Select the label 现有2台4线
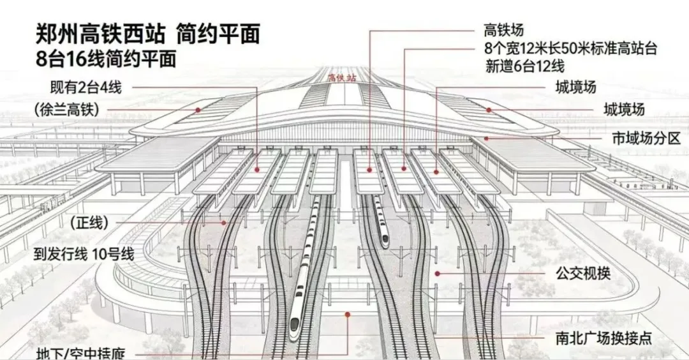[x=85, y=86]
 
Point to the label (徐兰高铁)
[x=67, y=110]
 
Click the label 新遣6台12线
[x=524, y=66]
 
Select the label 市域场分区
[x=646, y=138]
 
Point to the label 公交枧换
[x=582, y=274]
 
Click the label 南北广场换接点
[x=600, y=338]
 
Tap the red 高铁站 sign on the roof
[x=341, y=78]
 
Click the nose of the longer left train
[x=295, y=333]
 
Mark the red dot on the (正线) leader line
[x=224, y=223]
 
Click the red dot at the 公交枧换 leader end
[x=438, y=273]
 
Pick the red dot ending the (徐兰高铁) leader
[x=198, y=110]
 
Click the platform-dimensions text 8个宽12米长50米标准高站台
[x=570, y=48]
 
